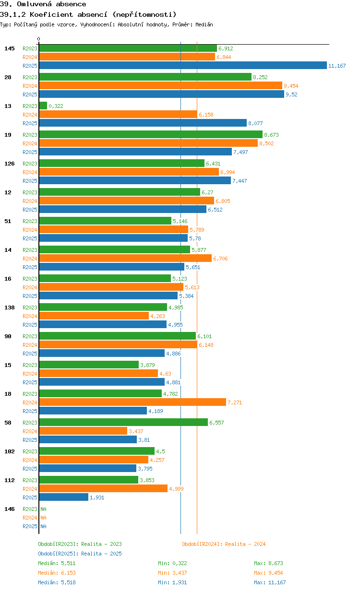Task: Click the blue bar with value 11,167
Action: tap(182, 66)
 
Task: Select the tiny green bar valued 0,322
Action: tap(43, 106)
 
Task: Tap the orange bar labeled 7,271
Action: tap(132, 402)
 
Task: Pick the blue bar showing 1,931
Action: tap(63, 497)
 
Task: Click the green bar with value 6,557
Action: tap(123, 423)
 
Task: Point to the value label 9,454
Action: tap(291, 86)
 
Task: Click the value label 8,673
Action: tap(271, 135)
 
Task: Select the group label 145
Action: tap(10, 48)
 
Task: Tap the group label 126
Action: tap(10, 164)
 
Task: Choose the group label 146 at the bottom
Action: tap(10, 509)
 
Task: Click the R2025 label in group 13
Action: tap(30, 123)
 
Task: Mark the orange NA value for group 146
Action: tap(43, 518)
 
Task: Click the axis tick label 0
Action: tap(39, 39)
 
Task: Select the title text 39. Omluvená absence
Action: tap(43, 4)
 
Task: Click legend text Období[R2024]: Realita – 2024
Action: tap(224, 544)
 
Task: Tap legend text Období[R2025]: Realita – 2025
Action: tap(80, 554)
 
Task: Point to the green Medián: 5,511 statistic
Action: tap(57, 563)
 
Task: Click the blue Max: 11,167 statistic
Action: tap(270, 582)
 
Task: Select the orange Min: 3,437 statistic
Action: tap(172, 573)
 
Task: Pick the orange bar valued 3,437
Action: tap(83, 431)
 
